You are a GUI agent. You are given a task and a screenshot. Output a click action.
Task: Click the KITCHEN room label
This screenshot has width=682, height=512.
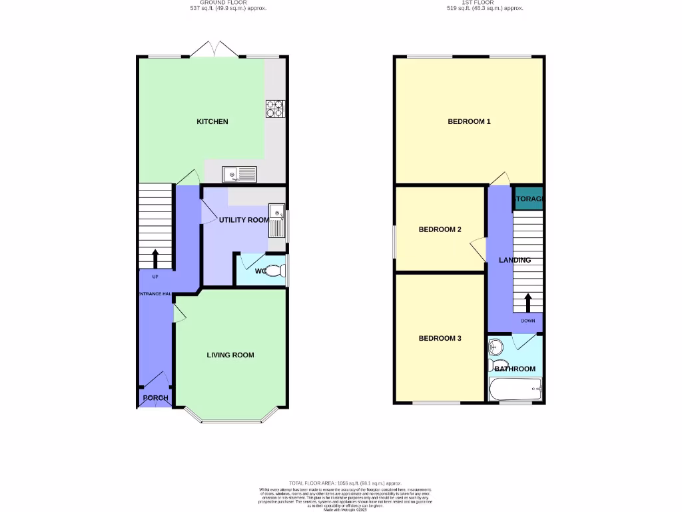(212, 121)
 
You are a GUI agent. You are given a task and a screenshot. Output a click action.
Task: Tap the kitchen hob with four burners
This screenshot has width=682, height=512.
(274, 109)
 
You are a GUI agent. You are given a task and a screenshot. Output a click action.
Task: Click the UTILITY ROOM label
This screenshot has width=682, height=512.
(244, 220)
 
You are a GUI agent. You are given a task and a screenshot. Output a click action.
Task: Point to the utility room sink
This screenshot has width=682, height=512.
(276, 221)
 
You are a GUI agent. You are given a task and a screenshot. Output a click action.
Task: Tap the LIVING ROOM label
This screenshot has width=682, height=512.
(230, 355)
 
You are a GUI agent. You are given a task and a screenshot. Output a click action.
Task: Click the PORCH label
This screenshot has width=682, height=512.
(155, 398)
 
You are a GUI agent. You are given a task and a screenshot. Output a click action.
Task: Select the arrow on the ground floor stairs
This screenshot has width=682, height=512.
(155, 257)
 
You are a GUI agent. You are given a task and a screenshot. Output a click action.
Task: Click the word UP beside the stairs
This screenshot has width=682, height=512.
(155, 277)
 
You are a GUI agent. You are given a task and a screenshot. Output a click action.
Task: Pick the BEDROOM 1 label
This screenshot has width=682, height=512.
(469, 121)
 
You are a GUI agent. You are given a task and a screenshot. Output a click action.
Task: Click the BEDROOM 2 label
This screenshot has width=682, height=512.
(440, 229)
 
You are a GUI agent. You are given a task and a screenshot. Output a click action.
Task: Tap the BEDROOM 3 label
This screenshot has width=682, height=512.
(440, 338)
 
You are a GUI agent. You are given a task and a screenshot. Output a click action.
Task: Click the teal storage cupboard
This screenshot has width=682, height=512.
(528, 199)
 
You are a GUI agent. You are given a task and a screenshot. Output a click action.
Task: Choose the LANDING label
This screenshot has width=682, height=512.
(515, 260)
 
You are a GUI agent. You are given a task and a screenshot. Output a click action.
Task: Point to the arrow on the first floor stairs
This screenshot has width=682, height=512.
(528, 302)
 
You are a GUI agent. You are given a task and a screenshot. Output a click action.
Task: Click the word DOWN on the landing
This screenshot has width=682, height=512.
(528, 321)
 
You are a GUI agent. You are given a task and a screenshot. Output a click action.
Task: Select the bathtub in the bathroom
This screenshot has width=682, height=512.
(515, 389)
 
